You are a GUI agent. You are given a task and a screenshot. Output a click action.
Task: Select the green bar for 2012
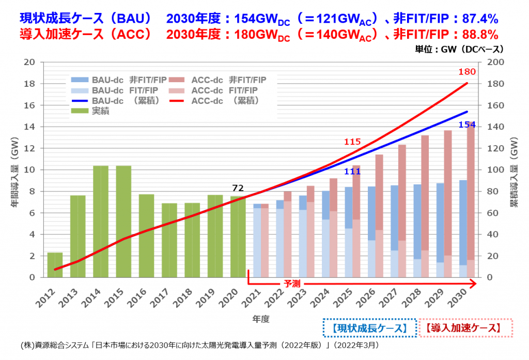(55, 264)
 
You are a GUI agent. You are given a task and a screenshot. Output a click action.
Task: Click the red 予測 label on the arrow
(292, 284)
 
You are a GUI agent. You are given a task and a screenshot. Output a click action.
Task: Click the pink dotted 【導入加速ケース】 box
(465, 328)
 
